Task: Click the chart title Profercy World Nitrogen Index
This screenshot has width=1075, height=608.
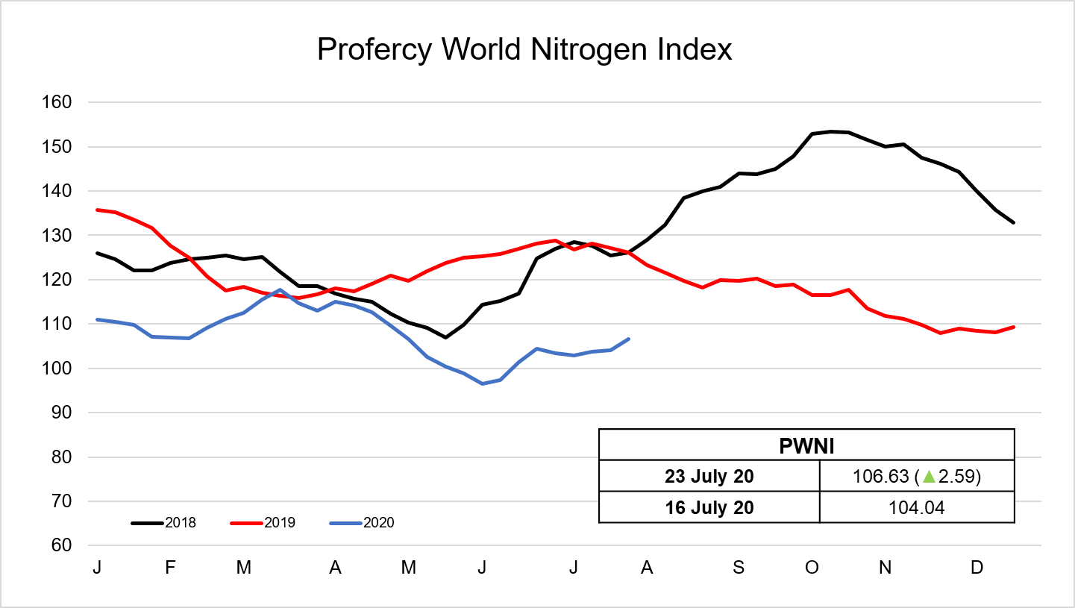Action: pos(524,50)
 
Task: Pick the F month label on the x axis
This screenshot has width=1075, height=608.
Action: pos(170,568)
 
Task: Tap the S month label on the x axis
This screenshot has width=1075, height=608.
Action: pos(739,568)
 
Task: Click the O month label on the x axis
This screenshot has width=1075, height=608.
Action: pos(812,568)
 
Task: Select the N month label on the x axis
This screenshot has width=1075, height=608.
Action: pos(885,568)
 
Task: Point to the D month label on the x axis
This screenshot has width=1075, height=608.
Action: pos(976,568)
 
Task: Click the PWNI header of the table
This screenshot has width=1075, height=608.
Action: pos(806,445)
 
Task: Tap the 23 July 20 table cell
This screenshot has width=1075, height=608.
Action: pos(709,476)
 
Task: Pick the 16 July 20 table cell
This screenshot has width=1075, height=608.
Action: pos(709,507)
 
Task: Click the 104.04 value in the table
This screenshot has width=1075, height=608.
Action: pos(917,507)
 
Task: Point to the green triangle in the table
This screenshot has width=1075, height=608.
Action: pos(927,476)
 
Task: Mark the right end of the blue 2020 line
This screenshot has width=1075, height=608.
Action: pos(629,339)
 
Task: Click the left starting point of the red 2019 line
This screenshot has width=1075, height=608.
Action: pos(97,210)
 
